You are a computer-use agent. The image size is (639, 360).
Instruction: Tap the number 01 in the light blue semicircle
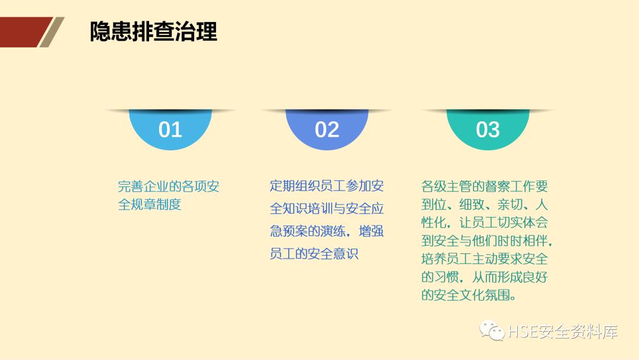click(170, 130)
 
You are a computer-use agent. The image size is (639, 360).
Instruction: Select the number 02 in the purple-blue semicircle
click(327, 130)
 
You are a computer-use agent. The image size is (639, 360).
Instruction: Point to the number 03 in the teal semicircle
click(488, 130)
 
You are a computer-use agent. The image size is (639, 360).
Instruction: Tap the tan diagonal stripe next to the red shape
click(52, 32)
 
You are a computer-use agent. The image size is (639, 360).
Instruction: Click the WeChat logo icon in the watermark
click(492, 331)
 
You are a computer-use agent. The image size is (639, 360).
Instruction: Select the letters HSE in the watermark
click(522, 332)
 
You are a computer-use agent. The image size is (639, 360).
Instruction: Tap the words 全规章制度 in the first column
click(150, 205)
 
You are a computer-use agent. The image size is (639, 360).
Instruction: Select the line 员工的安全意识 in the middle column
click(314, 254)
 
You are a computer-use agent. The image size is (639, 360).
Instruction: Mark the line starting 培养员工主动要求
click(485, 259)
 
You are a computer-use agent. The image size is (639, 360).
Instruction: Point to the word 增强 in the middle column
click(371, 231)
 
